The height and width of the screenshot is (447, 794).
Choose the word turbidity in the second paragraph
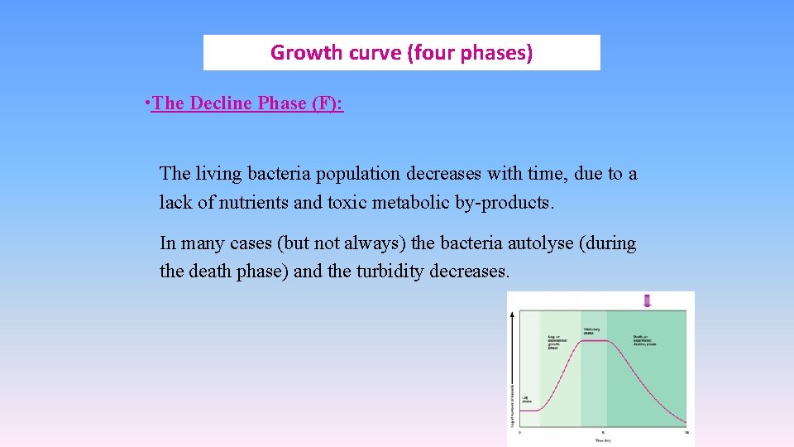390,271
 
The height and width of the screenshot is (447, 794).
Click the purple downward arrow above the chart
647,300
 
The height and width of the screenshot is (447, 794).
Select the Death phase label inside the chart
645,340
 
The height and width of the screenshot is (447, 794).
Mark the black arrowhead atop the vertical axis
514,315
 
